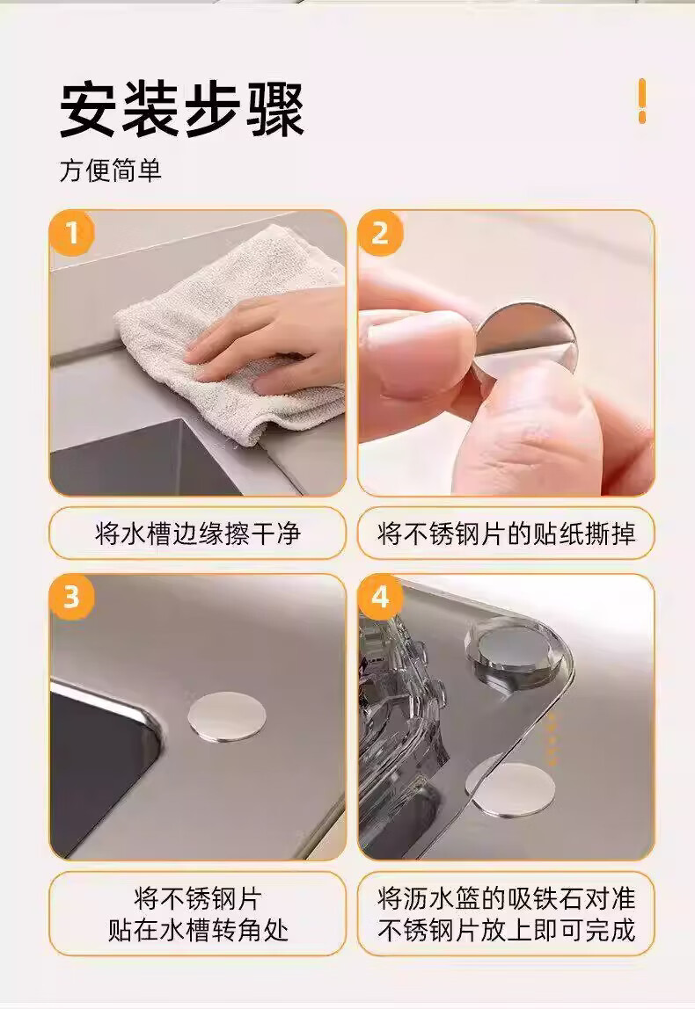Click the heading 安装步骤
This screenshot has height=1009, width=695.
[x=181, y=108]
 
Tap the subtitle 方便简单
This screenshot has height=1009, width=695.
[x=111, y=171]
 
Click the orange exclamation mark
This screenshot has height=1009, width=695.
[x=641, y=100]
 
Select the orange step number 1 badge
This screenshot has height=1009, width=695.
[x=71, y=232]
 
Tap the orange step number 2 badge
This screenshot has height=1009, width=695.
[x=380, y=232]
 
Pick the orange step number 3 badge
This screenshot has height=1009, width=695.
[x=71, y=597]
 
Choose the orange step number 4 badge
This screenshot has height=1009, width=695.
[x=380, y=597]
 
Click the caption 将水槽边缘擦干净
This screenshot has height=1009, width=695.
[x=198, y=534]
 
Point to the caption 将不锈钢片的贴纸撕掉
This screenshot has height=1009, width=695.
[x=506, y=534]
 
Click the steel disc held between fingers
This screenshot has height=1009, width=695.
[x=525, y=340]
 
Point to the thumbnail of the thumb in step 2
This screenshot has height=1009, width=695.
[x=413, y=359]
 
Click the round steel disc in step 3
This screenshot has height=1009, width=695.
[x=227, y=717]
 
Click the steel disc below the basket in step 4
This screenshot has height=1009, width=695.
[x=511, y=791]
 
